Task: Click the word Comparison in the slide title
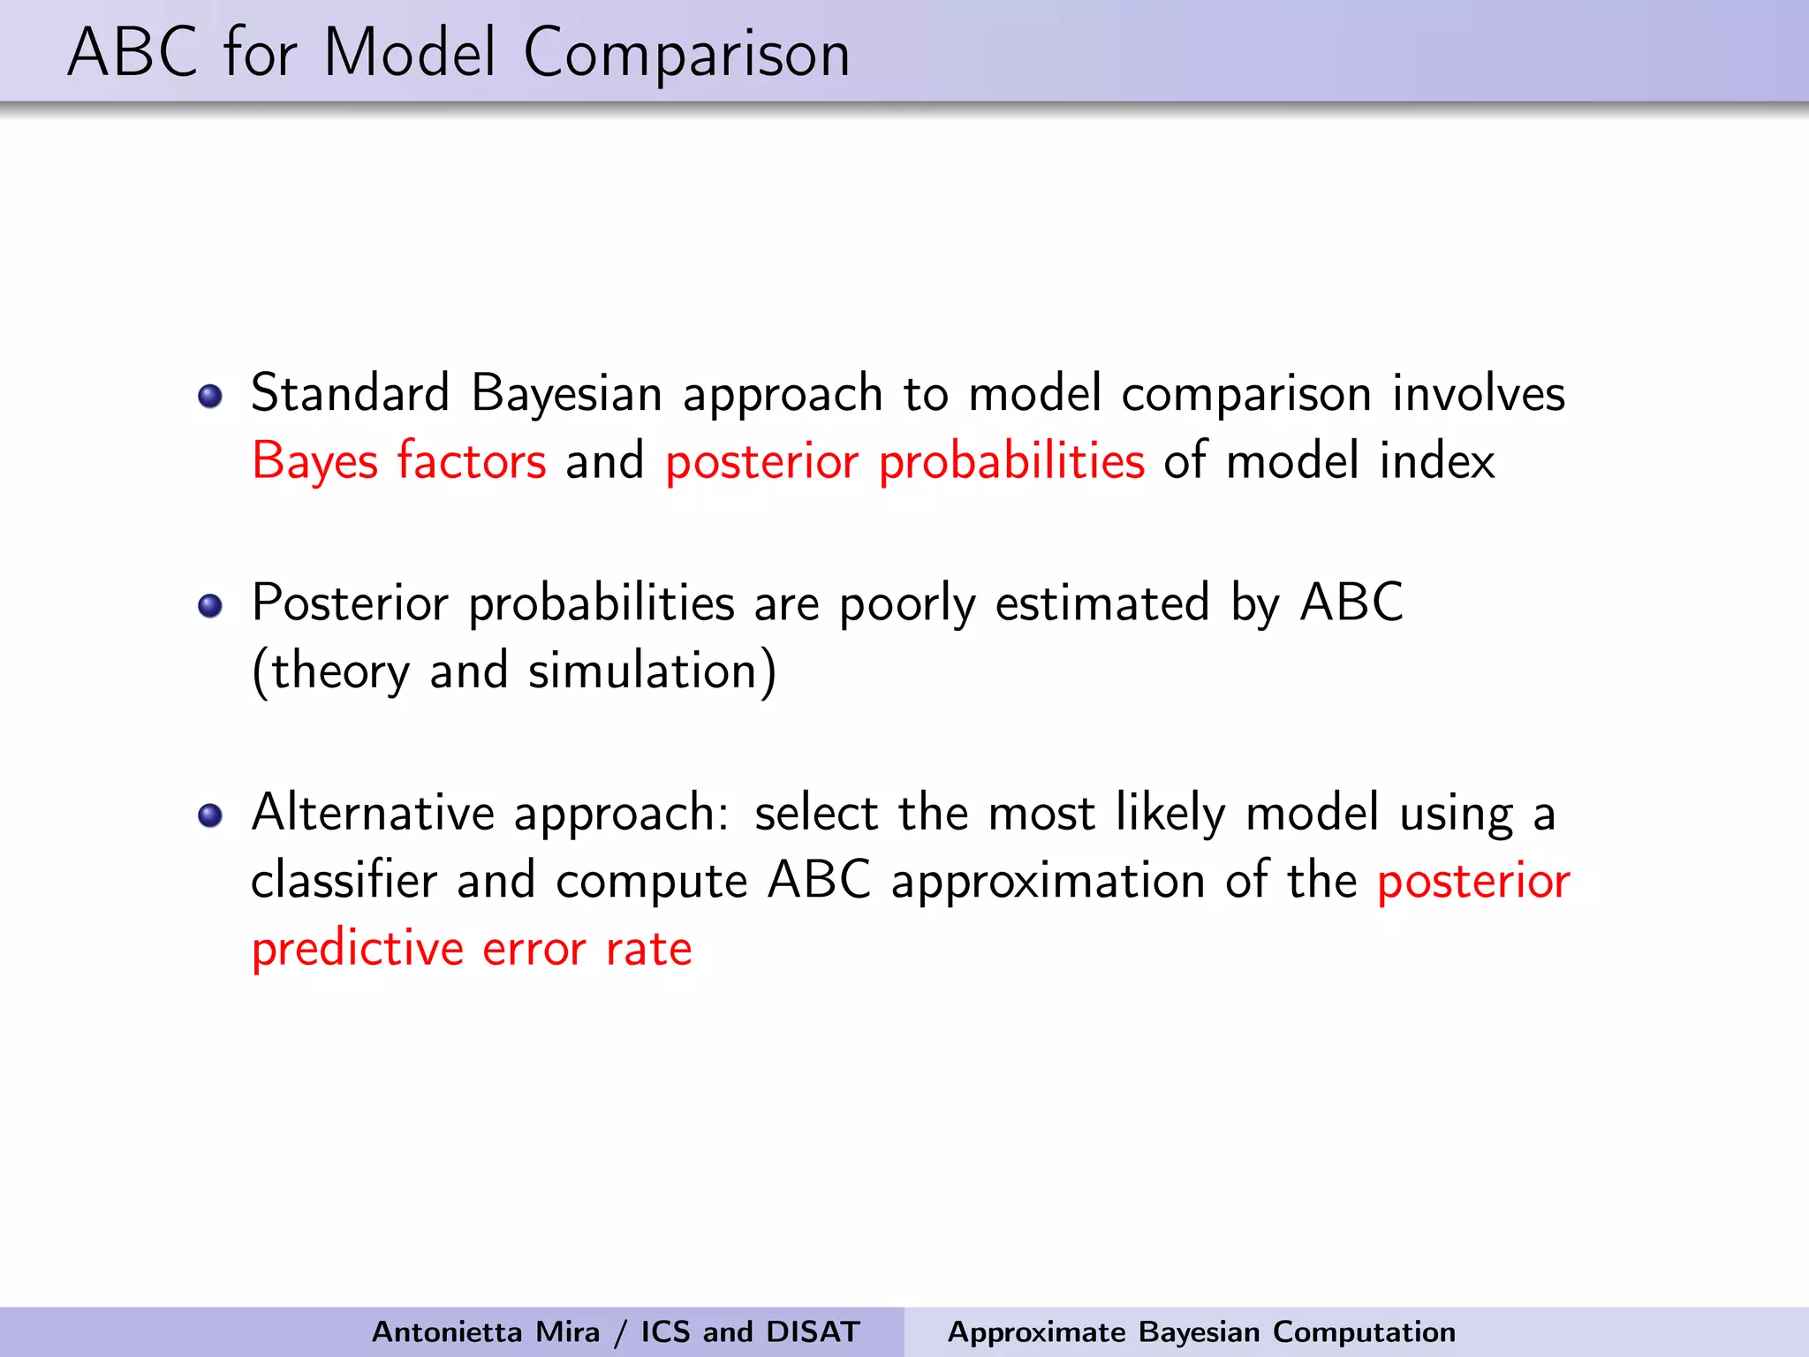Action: [686, 55]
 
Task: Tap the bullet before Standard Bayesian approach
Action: [210, 396]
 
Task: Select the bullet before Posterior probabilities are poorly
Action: [210, 606]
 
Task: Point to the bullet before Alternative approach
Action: [210, 815]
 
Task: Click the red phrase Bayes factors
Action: [399, 462]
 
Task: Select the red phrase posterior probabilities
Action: [904, 462]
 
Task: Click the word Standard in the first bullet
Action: [351, 393]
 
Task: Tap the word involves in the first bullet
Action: [1479, 393]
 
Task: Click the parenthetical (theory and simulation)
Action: [514, 671]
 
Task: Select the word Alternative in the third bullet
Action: [372, 813]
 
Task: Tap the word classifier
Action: [344, 881]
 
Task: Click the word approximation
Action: [1048, 883]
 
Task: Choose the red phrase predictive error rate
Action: [472, 950]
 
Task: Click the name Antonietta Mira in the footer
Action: [485, 1331]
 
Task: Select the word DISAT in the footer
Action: [813, 1331]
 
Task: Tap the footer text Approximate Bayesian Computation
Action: [1201, 1331]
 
